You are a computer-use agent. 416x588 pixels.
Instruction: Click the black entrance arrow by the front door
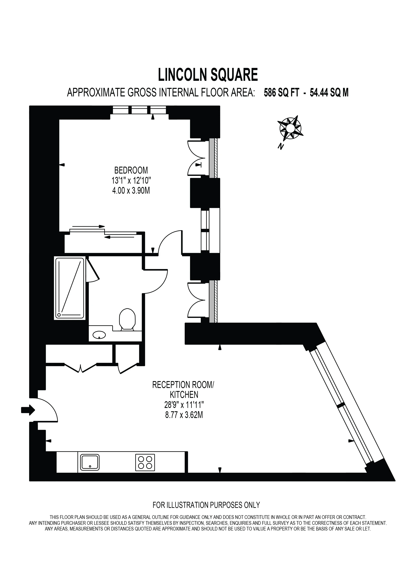pos(28,410)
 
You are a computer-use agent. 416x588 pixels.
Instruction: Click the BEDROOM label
pos(131,170)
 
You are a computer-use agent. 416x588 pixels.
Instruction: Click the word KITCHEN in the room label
pos(184,394)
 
